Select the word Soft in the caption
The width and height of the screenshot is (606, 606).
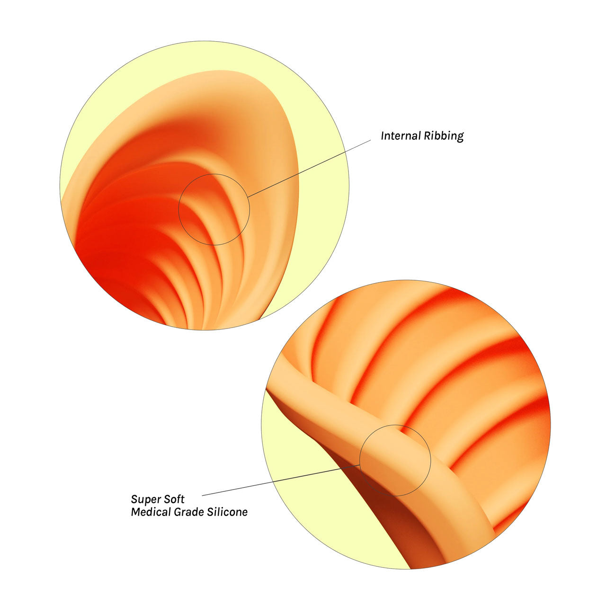pyautogui.click(x=173, y=499)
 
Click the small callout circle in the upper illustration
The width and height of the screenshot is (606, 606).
pyautogui.click(x=214, y=175)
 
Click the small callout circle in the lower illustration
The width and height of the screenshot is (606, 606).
pyautogui.click(x=395, y=426)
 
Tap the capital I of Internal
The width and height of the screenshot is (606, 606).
pyautogui.click(x=383, y=136)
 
